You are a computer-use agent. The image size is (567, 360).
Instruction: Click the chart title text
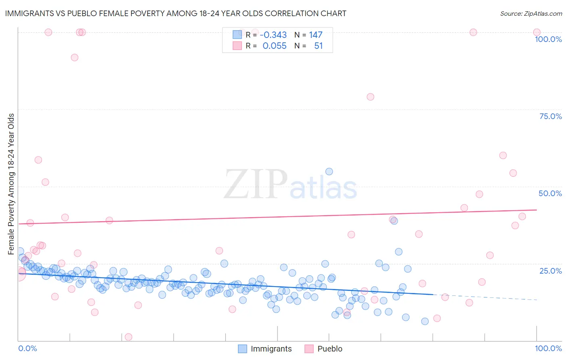pos(175,13)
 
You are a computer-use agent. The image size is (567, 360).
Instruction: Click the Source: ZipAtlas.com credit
pos(531,13)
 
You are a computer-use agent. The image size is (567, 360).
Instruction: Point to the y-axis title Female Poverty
pos(11,184)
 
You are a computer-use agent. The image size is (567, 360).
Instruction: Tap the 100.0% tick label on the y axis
pos(548,39)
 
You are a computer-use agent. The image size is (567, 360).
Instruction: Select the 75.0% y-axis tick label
pos(550,116)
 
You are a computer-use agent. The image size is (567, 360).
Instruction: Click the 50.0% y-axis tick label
pos(550,193)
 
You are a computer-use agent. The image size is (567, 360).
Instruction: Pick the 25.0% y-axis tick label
pos(550,271)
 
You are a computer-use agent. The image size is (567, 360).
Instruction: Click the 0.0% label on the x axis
pos(27,349)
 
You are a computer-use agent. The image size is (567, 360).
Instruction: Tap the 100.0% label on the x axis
pos(548,349)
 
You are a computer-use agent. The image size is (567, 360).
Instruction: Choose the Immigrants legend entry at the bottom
pos(265,349)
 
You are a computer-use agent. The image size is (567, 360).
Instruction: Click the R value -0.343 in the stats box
pos(273,35)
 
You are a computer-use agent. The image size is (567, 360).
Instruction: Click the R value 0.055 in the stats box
pos(275,46)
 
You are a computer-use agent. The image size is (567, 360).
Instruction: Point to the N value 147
pos(316,35)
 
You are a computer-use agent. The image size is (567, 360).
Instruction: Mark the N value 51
pos(318,46)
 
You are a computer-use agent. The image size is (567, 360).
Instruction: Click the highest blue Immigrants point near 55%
pos(329,172)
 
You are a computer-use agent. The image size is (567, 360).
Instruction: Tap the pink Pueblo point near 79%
pos(370,97)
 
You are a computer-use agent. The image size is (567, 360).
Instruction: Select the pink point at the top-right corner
pos(537,32)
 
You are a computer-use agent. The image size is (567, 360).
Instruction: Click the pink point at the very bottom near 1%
pos(129,337)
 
